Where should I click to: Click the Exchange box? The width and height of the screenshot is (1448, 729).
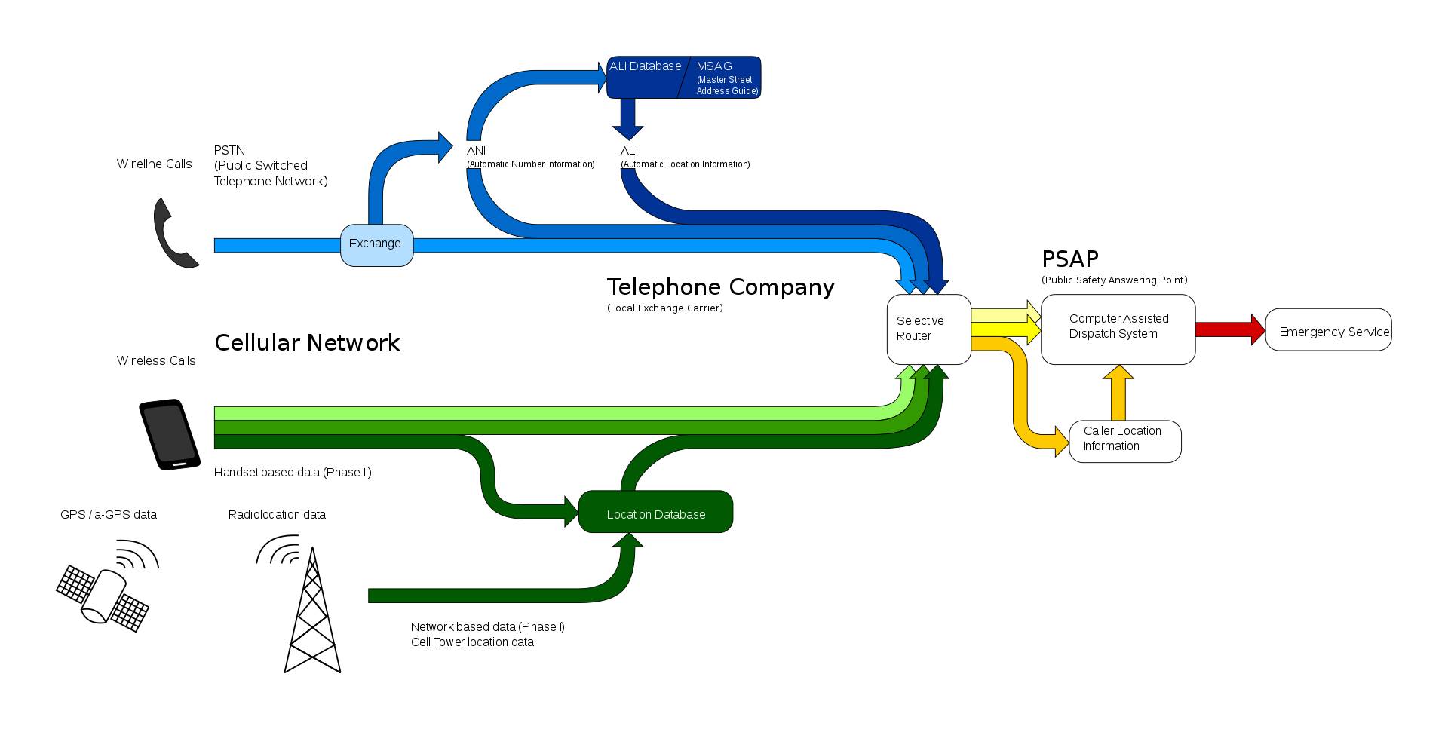tap(376, 245)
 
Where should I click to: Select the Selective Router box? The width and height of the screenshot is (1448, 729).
tap(928, 329)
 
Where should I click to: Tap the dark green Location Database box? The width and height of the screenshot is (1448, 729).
tap(655, 512)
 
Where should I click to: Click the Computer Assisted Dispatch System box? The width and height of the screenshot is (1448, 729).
tap(1118, 329)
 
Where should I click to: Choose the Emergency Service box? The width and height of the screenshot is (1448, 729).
tap(1328, 329)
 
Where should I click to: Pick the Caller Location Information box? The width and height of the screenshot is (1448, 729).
tap(1124, 441)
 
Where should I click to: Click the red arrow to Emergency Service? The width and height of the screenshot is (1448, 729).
tap(1231, 329)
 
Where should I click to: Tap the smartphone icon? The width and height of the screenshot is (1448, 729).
tap(170, 435)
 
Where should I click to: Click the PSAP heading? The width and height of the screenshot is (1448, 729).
tap(1069, 259)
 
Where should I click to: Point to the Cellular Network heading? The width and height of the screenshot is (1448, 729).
tap(307, 343)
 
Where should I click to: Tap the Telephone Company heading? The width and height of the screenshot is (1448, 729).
tap(720, 287)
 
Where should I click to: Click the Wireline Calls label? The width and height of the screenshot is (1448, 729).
tap(154, 164)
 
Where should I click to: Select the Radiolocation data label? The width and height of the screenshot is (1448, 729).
tap(277, 515)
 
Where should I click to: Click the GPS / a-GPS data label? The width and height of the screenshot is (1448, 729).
tap(109, 515)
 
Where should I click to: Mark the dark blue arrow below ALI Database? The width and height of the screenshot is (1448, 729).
tap(627, 118)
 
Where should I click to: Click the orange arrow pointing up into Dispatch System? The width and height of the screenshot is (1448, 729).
tap(1118, 393)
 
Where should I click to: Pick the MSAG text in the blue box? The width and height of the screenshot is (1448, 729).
tap(713, 66)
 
